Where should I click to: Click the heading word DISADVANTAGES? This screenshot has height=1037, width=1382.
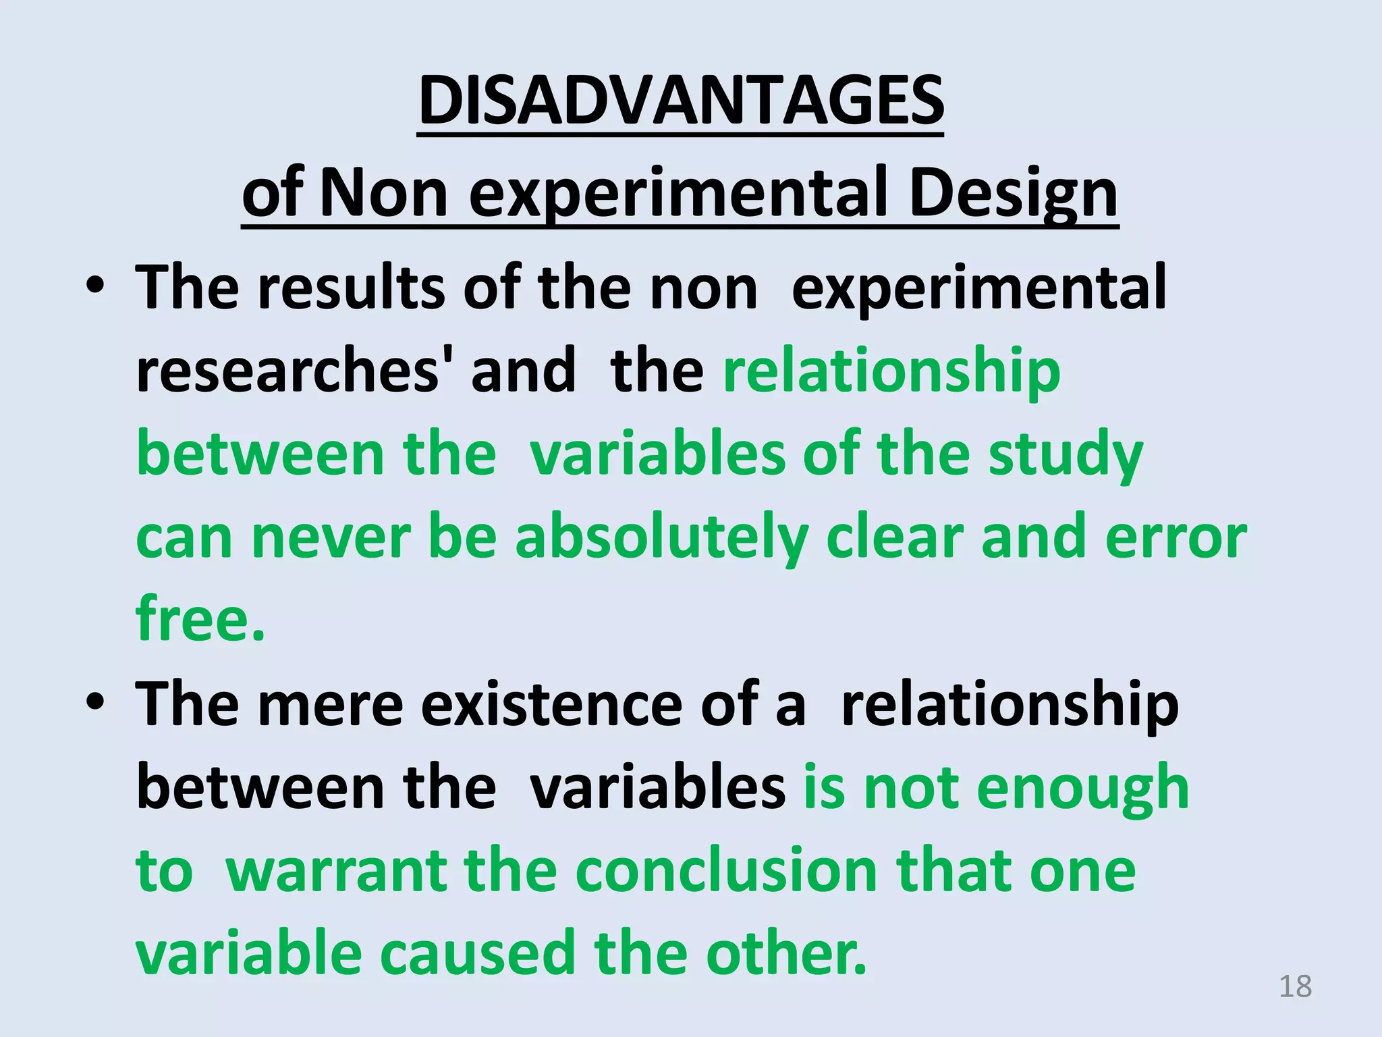coord(680,101)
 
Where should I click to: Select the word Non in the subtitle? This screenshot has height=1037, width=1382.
coord(384,194)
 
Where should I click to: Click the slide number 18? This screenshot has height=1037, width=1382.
coord(1295,987)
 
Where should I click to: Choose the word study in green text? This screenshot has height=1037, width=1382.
coord(1066,455)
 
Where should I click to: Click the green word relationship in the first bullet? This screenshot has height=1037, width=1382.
coord(891,371)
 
